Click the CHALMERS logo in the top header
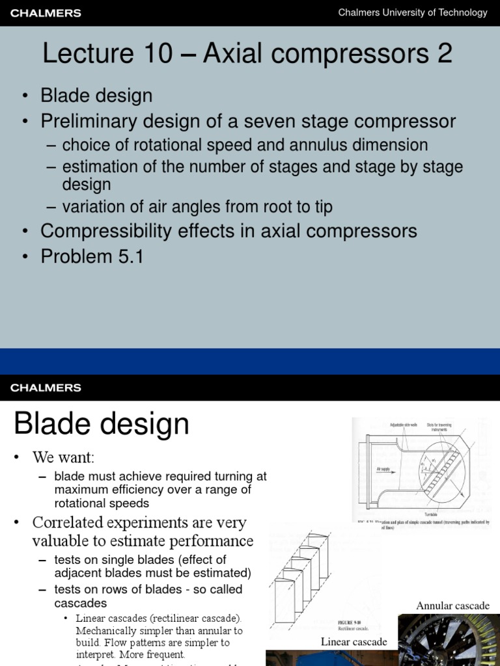[x=45, y=13]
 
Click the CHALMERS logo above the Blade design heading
[x=45, y=388]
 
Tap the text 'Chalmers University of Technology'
[x=412, y=12]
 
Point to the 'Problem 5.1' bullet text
[x=92, y=256]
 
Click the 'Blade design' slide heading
[x=102, y=425]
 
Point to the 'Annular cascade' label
[x=452, y=606]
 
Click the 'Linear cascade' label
[x=354, y=642]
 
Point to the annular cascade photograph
[x=449, y=641]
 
